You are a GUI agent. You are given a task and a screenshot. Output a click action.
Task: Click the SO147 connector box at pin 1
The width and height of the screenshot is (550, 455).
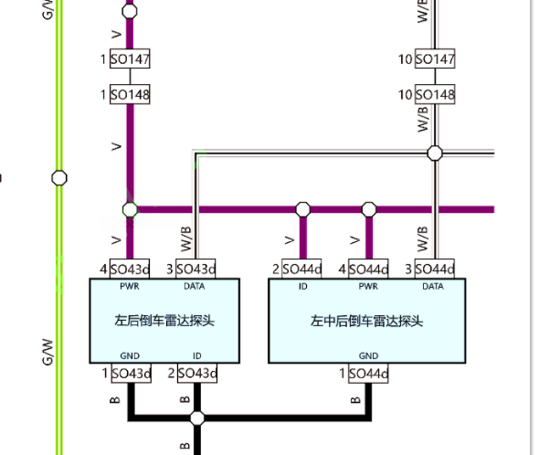point(130,58)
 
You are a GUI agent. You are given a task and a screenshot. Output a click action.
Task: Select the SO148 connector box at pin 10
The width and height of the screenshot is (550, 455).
point(435,94)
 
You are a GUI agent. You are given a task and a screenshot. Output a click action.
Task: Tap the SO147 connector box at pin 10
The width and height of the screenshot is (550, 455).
point(435,58)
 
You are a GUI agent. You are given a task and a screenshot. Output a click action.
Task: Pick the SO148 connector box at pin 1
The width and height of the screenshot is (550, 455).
point(130,94)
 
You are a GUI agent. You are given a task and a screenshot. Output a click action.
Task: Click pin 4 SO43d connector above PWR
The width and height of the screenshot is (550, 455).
point(130,269)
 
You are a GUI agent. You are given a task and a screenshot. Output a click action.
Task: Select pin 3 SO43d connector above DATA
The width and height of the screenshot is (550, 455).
point(196,269)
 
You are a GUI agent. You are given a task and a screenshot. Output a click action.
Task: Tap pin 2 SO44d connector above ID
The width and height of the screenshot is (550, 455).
point(301,269)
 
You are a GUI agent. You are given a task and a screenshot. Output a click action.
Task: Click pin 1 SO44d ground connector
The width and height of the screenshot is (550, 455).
point(368,374)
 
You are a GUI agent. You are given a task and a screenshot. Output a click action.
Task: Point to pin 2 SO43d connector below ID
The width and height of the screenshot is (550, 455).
point(197,374)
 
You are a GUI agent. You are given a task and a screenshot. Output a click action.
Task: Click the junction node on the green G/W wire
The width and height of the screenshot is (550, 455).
point(59,178)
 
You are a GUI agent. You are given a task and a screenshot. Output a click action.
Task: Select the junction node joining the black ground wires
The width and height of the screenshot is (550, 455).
point(197,418)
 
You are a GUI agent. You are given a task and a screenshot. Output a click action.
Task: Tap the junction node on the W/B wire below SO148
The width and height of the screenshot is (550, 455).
point(435,153)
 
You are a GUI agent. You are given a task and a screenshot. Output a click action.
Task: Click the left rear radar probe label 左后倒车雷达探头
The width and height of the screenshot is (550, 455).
point(164,321)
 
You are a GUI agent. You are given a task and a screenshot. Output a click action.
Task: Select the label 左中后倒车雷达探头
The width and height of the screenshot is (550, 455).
point(366,321)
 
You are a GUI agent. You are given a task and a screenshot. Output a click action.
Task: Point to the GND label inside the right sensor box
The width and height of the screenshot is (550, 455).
point(368,355)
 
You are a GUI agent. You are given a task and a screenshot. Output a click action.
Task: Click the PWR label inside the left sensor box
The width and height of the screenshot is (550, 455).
point(130,286)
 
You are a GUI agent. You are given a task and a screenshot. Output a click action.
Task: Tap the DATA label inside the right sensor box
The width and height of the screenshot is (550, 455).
point(433,286)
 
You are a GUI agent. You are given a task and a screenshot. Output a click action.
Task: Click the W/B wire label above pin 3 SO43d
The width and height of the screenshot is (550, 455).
point(186,239)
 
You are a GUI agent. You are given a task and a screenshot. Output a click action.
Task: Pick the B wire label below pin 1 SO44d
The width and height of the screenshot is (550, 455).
point(355,400)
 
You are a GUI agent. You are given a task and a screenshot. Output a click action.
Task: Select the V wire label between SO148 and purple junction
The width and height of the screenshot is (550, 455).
point(116,146)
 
